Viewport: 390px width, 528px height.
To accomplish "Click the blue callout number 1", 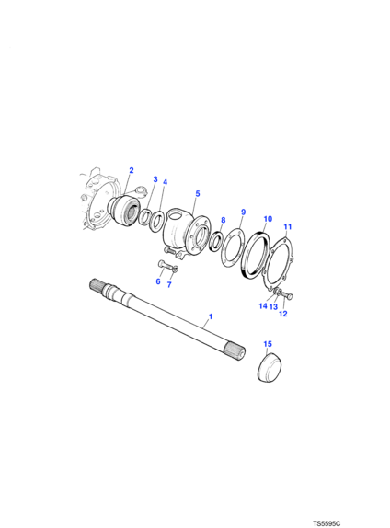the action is tap(211, 316).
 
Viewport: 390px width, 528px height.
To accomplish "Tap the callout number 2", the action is tap(132, 170).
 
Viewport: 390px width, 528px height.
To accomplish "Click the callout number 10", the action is tap(268, 219).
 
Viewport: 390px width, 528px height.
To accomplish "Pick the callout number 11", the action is tap(288, 227).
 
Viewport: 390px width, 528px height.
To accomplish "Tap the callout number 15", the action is tap(268, 344).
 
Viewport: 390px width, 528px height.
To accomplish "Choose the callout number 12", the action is tap(283, 314).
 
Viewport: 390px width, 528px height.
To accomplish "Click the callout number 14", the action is tap(263, 305).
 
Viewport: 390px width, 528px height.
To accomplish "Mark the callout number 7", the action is tap(169, 285).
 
